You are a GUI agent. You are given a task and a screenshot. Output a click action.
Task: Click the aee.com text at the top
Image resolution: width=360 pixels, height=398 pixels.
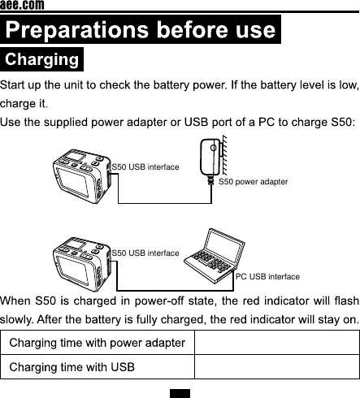(22, 6)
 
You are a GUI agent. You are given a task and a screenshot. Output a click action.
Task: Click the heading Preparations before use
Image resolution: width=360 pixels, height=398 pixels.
(141, 31)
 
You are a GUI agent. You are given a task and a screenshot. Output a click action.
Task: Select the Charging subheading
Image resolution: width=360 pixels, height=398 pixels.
(42, 60)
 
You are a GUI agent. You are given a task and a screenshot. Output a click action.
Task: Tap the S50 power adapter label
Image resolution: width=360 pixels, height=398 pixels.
(254, 182)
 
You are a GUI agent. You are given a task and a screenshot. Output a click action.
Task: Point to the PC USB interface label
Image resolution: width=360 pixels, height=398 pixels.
(267, 277)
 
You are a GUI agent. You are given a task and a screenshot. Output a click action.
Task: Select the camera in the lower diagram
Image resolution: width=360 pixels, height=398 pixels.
(81, 265)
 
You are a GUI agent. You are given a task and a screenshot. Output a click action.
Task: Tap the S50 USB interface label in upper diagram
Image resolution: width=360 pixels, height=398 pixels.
(145, 167)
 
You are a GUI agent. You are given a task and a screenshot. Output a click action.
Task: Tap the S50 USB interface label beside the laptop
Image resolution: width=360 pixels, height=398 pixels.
(145, 253)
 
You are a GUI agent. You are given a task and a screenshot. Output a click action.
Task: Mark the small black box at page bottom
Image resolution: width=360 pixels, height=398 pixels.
(180, 393)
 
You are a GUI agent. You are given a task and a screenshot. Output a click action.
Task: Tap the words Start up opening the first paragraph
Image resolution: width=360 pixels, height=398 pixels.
(23, 85)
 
